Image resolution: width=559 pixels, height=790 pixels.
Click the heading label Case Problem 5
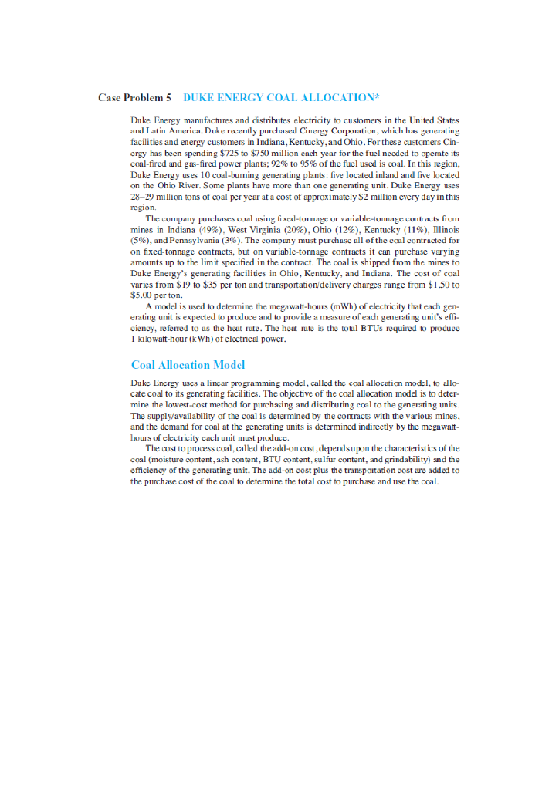click(x=134, y=98)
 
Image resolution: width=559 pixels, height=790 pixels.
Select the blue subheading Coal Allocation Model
click(x=188, y=365)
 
